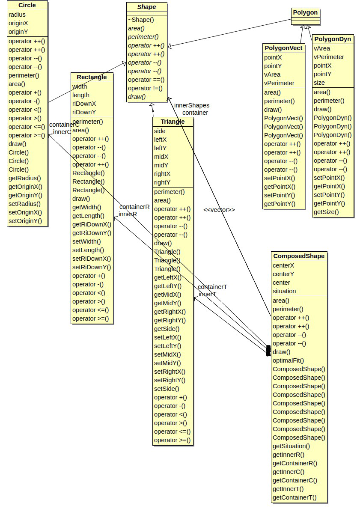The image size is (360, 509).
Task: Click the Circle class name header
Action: (27, 6)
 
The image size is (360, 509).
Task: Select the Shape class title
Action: (146, 7)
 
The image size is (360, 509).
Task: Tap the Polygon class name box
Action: (305, 12)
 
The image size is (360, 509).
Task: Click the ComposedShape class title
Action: (299, 256)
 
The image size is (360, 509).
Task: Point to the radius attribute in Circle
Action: (17, 15)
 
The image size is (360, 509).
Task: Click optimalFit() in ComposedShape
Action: (288, 360)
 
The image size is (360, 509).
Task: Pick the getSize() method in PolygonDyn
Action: (326, 212)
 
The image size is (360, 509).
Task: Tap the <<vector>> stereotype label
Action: (219, 210)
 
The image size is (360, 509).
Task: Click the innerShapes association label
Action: (192, 105)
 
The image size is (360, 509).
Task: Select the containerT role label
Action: (212, 287)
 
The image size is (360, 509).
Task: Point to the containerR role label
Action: (134, 207)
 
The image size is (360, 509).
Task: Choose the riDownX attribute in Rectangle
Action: (84, 104)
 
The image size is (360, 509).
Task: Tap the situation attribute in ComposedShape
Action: (284, 291)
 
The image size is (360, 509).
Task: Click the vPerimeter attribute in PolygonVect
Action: (279, 83)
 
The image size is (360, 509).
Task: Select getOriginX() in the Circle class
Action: (25, 187)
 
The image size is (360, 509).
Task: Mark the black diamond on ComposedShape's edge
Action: (268, 351)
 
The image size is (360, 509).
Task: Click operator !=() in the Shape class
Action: (145, 88)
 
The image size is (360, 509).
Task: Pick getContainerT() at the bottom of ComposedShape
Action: (295, 497)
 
